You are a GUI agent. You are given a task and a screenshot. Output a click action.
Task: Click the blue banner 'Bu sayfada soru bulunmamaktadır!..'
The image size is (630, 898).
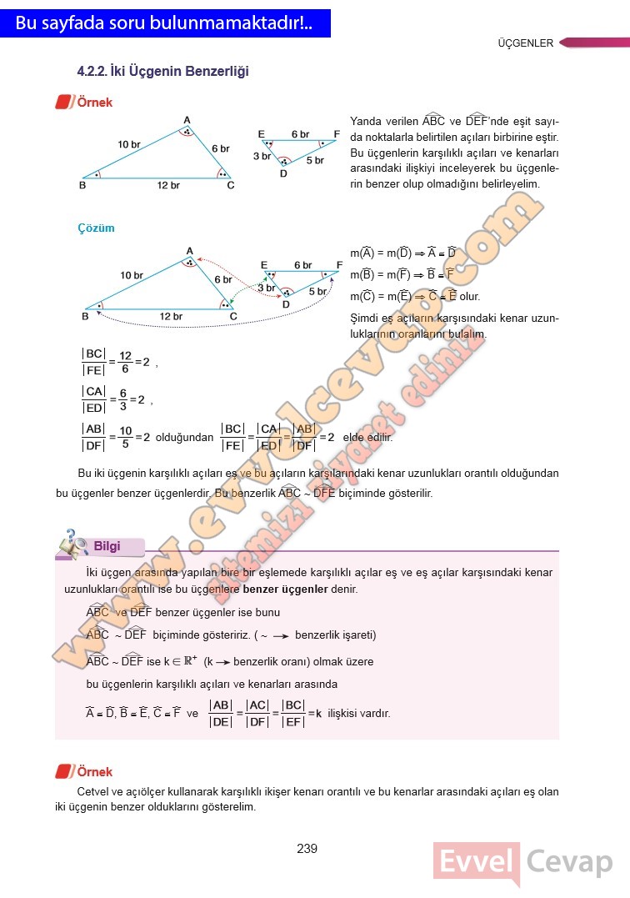click(x=165, y=24)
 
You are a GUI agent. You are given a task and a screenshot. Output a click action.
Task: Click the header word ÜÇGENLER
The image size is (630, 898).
click(x=525, y=43)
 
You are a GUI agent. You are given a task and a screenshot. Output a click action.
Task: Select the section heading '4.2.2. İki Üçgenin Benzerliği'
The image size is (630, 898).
click(x=162, y=73)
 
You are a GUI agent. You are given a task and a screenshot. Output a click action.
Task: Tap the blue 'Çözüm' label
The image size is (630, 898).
click(x=96, y=228)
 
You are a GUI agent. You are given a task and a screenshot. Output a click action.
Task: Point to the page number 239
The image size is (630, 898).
click(x=307, y=849)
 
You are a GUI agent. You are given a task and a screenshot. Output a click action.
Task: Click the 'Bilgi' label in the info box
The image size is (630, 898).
click(x=107, y=546)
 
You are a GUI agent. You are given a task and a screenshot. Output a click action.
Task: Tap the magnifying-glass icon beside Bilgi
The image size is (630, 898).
click(x=73, y=544)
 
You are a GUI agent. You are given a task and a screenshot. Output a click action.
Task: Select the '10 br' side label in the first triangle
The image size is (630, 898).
click(x=129, y=144)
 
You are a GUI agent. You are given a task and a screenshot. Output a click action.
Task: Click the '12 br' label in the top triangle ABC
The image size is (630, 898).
click(x=168, y=185)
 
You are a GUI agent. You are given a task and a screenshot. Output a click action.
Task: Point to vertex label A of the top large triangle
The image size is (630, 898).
click(x=187, y=120)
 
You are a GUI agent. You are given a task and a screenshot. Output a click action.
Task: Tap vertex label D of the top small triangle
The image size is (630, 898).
click(x=283, y=173)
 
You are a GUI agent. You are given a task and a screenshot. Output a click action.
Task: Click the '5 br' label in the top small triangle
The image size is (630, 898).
click(x=315, y=160)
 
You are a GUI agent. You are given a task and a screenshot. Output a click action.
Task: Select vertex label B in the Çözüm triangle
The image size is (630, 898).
click(x=85, y=316)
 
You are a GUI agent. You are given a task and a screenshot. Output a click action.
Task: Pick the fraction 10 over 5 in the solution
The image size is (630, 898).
click(x=126, y=437)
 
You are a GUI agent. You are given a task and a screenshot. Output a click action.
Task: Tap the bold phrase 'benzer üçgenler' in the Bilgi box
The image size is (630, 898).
click(x=285, y=589)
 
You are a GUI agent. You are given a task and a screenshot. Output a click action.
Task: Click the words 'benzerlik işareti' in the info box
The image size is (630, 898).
click(x=334, y=635)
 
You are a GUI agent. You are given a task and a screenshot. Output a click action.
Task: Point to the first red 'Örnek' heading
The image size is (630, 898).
click(x=94, y=103)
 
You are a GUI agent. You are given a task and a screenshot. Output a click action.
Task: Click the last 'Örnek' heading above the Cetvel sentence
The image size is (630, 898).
click(x=94, y=772)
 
